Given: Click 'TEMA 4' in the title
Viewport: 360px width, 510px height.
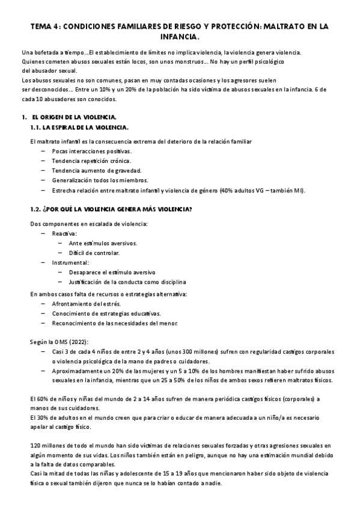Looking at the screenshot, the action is click(x=44, y=26).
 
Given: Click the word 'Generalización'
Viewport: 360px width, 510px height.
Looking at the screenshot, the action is click(x=72, y=180).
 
